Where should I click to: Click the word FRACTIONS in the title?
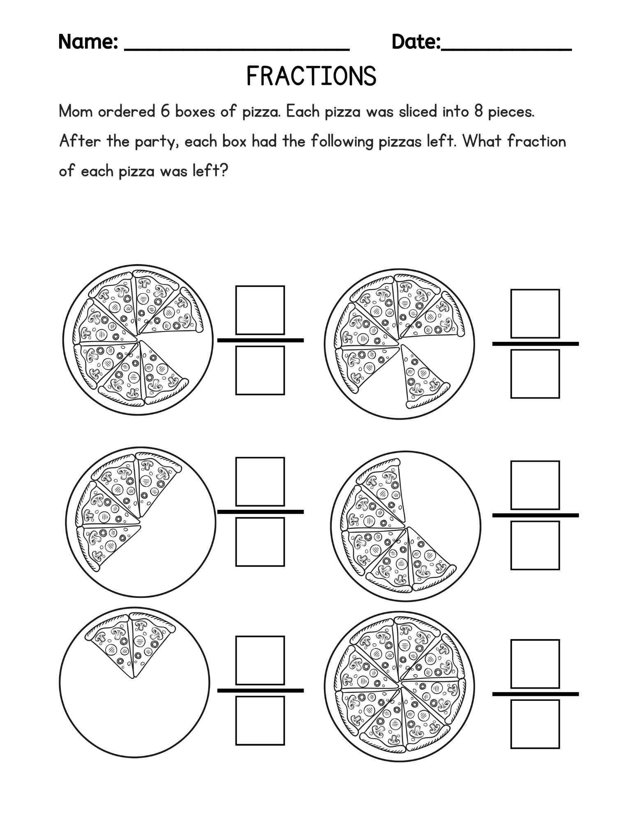311,77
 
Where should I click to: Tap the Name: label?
88,42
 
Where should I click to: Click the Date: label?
416,42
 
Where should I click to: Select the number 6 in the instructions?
165,112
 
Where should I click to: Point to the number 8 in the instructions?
478,112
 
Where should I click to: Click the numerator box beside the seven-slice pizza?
260,310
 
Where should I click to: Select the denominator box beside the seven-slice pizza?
260,370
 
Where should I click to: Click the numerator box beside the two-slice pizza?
260,660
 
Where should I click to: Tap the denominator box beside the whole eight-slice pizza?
535,724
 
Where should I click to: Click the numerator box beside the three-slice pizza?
260,481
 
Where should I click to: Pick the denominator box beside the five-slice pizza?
535,545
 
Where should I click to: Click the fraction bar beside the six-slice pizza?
535,344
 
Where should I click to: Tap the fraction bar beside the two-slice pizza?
260,690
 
